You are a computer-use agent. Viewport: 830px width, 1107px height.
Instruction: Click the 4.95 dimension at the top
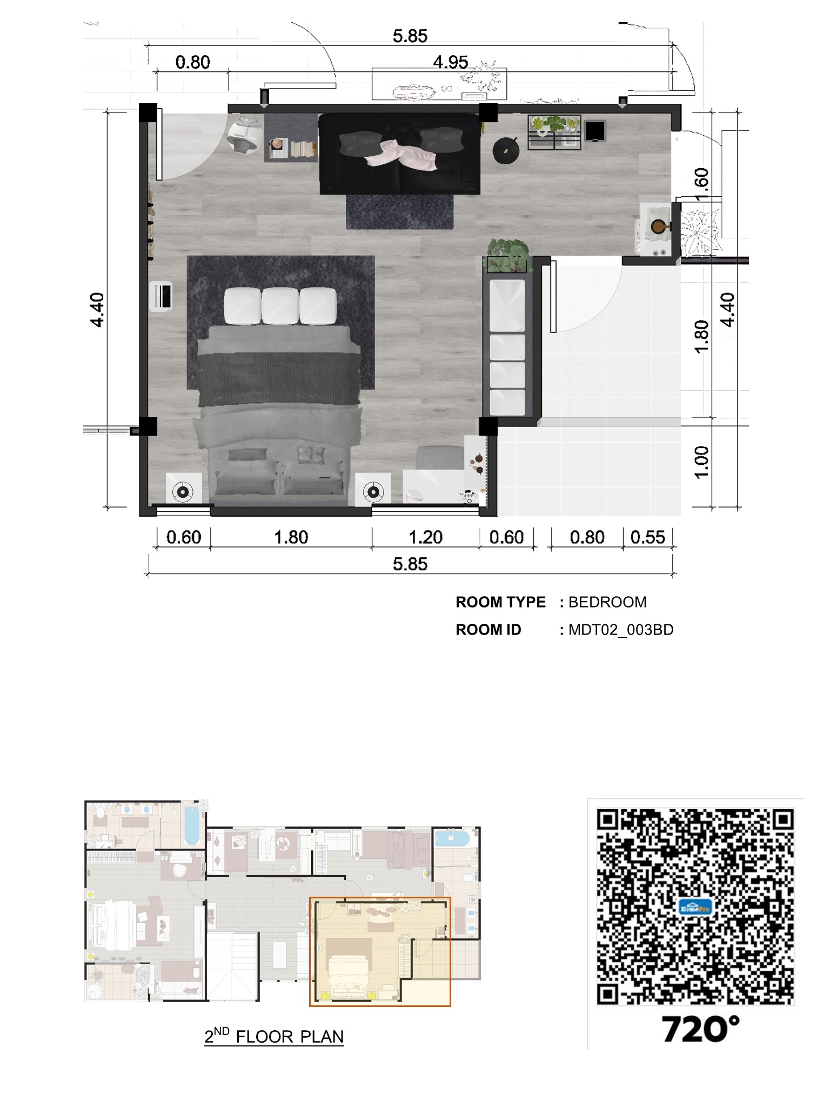point(450,62)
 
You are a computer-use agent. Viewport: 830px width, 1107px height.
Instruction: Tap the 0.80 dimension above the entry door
point(192,62)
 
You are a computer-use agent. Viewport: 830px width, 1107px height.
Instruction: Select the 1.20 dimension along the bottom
point(425,537)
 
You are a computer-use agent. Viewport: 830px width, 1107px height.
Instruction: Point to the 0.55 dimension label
point(647,537)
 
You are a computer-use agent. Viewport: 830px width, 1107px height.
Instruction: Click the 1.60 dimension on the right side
point(701,184)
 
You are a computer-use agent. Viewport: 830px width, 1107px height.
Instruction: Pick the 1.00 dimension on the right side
point(701,462)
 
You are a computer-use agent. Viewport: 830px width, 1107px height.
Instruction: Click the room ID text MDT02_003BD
point(620,630)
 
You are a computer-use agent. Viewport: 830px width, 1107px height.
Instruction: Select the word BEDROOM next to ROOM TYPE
point(607,602)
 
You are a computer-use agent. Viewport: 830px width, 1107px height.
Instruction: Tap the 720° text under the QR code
point(700,1029)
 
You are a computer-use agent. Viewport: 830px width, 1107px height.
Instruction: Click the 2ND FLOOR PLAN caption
point(274,1037)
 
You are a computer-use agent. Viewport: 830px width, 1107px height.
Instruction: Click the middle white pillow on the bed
point(280,306)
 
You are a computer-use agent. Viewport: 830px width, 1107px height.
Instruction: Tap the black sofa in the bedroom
point(399,155)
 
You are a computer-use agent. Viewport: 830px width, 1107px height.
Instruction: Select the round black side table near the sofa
point(506,149)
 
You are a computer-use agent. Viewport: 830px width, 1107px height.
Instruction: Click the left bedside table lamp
point(183,491)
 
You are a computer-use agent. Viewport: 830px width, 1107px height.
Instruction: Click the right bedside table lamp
point(373,491)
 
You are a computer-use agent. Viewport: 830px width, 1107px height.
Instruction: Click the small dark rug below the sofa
point(399,211)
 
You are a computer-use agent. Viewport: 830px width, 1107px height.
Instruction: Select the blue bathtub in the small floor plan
point(192,825)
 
